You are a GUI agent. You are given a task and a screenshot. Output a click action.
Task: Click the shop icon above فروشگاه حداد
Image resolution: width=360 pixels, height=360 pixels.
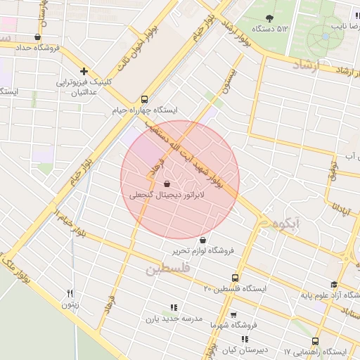[37, 37]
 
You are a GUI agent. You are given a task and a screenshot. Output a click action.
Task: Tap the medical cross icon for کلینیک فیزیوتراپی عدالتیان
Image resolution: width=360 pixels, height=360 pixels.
[84, 71]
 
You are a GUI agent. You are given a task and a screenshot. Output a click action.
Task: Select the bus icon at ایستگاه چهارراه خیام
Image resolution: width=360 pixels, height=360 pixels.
[144, 99]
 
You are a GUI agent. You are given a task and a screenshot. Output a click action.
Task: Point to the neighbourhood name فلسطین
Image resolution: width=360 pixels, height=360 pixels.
[167, 269]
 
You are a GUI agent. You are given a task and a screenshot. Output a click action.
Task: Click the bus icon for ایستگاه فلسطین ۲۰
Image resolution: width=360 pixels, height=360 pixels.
[235, 278]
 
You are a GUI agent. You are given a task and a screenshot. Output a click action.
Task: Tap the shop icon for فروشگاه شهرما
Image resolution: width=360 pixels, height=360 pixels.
[233, 315]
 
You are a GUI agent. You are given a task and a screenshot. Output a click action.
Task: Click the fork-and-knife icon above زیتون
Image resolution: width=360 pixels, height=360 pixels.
[70, 293]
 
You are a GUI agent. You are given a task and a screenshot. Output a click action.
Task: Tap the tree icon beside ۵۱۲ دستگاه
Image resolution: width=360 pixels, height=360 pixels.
[269, 18]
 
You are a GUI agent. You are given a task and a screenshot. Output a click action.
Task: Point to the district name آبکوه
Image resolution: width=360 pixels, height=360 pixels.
[288, 223]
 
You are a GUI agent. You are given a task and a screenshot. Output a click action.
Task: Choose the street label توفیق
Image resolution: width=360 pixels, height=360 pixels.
[333, 176]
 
